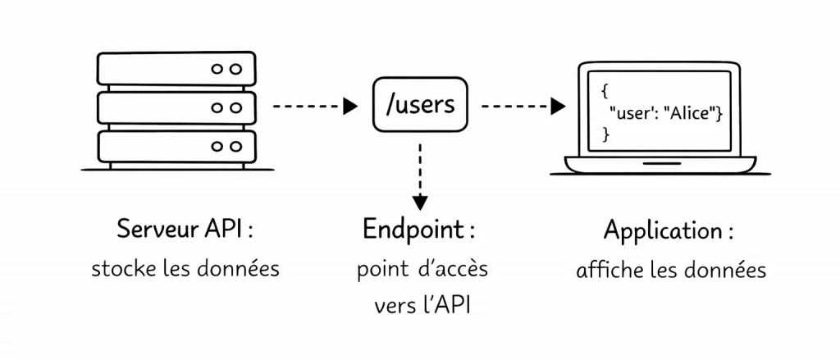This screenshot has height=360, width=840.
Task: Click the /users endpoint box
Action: (421, 106)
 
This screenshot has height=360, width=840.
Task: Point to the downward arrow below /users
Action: (420, 176)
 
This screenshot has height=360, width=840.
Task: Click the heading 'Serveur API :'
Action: (185, 230)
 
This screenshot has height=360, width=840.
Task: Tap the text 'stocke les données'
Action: (185, 269)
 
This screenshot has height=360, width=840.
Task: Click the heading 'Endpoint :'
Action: (419, 230)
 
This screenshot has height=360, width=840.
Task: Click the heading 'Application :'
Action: (669, 230)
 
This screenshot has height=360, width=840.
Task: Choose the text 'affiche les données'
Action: (670, 270)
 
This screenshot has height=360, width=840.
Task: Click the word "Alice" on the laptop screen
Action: (692, 114)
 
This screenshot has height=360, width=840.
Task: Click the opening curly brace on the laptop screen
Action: (604, 92)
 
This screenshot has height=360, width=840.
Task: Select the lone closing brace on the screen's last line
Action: (606, 134)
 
